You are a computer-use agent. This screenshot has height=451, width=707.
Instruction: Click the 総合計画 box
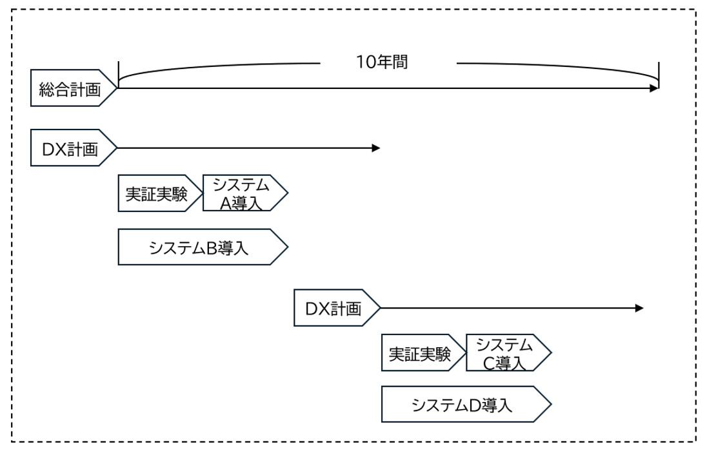pyautogui.click(x=70, y=88)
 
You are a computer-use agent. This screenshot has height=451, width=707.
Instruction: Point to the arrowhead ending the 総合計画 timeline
pyautogui.click(x=654, y=88)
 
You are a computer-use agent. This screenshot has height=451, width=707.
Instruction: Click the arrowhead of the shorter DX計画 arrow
pyautogui.click(x=377, y=148)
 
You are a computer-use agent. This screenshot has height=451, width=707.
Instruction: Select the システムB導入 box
pyautogui.click(x=199, y=247)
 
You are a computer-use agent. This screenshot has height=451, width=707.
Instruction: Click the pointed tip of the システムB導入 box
pyautogui.click(x=286, y=247)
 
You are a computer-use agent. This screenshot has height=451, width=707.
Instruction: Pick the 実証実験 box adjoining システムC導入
pyautogui.click(x=420, y=353)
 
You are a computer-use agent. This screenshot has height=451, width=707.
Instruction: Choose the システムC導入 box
pyautogui.click(x=505, y=353)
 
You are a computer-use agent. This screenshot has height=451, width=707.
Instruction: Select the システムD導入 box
pyautogui.click(x=463, y=405)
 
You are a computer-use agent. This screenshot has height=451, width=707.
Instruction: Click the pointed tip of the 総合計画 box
pyautogui.click(x=117, y=88)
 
